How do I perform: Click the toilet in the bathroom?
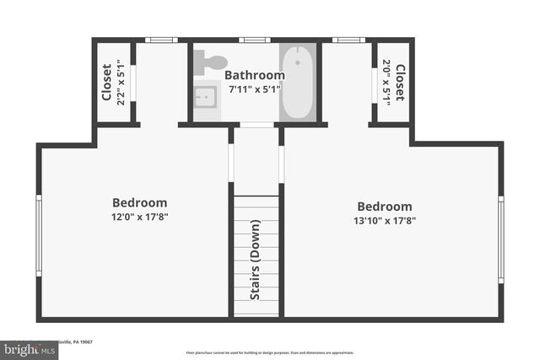(x=210, y=61)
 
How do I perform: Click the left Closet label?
(x=106, y=82)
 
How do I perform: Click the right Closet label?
(x=400, y=82)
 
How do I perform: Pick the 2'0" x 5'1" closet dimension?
(x=386, y=82)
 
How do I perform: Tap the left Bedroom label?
(x=139, y=202)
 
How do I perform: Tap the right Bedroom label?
(x=384, y=207)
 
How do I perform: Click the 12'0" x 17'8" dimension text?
(x=139, y=216)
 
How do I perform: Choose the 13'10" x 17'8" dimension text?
(x=384, y=220)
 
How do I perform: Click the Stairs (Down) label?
(x=255, y=260)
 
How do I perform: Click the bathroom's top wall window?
(x=254, y=40)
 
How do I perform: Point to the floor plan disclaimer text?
(x=269, y=352)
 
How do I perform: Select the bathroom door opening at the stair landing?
(x=256, y=125)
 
